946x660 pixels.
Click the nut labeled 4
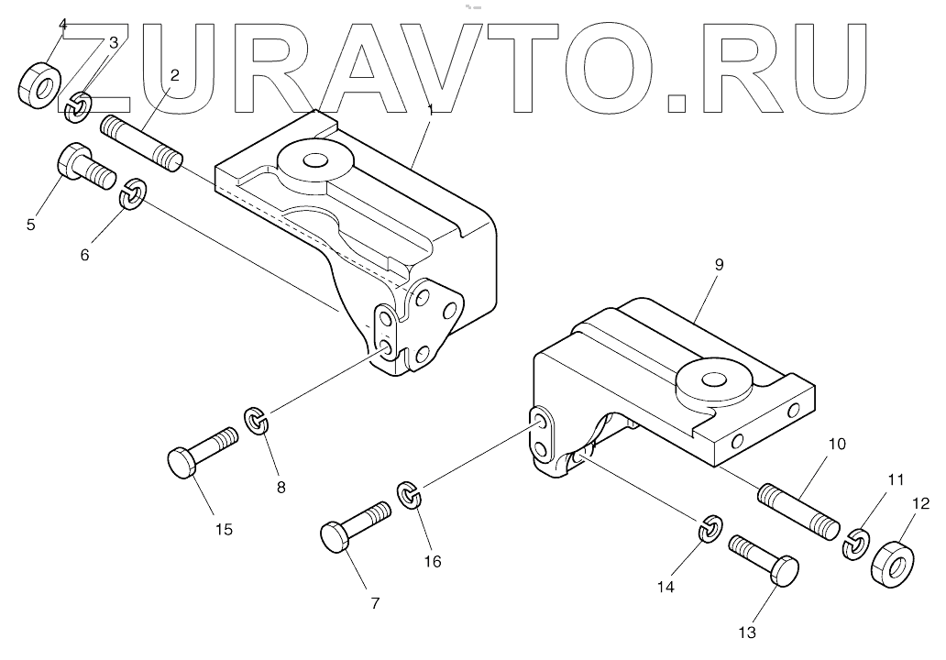pos(38,84)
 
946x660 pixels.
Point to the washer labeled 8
pos(258,422)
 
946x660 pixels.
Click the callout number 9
pos(719,264)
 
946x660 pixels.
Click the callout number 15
pos(224,529)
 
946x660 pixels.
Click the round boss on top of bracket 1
pos(314,161)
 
